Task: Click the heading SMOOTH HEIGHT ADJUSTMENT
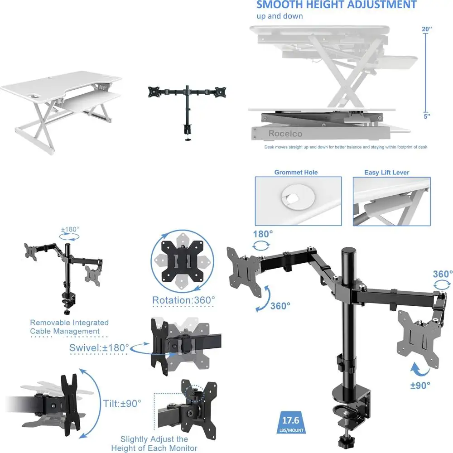click(x=336, y=5)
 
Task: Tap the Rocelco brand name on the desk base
click(x=285, y=133)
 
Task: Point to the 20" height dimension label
click(x=426, y=29)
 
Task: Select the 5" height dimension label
click(x=427, y=116)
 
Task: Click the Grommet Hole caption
click(x=296, y=173)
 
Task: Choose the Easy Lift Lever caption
click(x=386, y=173)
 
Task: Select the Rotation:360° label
click(x=183, y=300)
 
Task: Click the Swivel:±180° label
click(x=99, y=348)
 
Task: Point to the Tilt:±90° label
click(x=121, y=402)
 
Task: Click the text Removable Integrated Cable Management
click(x=69, y=327)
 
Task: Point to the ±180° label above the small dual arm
click(x=70, y=229)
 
